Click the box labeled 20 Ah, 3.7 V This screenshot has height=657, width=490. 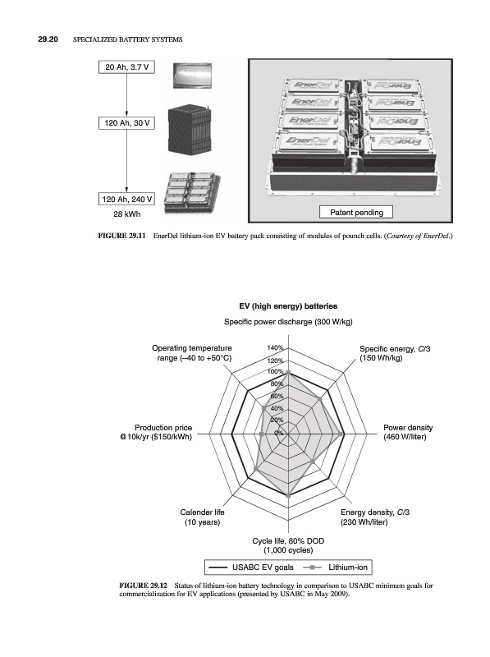(126, 67)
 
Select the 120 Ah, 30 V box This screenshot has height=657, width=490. (126, 123)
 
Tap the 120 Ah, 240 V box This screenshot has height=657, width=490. (126, 199)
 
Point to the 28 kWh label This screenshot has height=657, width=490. (127, 214)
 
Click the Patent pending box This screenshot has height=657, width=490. (356, 213)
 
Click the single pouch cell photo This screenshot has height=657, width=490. (192, 76)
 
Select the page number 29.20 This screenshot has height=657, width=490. (48, 39)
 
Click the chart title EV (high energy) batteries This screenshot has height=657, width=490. (288, 306)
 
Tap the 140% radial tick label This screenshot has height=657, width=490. (275, 347)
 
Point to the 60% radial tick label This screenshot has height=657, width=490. (277, 396)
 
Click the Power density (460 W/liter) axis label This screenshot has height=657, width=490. (407, 433)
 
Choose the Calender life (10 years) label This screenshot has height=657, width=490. (202, 517)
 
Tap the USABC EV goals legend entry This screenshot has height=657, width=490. (251, 567)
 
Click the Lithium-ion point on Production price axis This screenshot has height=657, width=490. (262, 434)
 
